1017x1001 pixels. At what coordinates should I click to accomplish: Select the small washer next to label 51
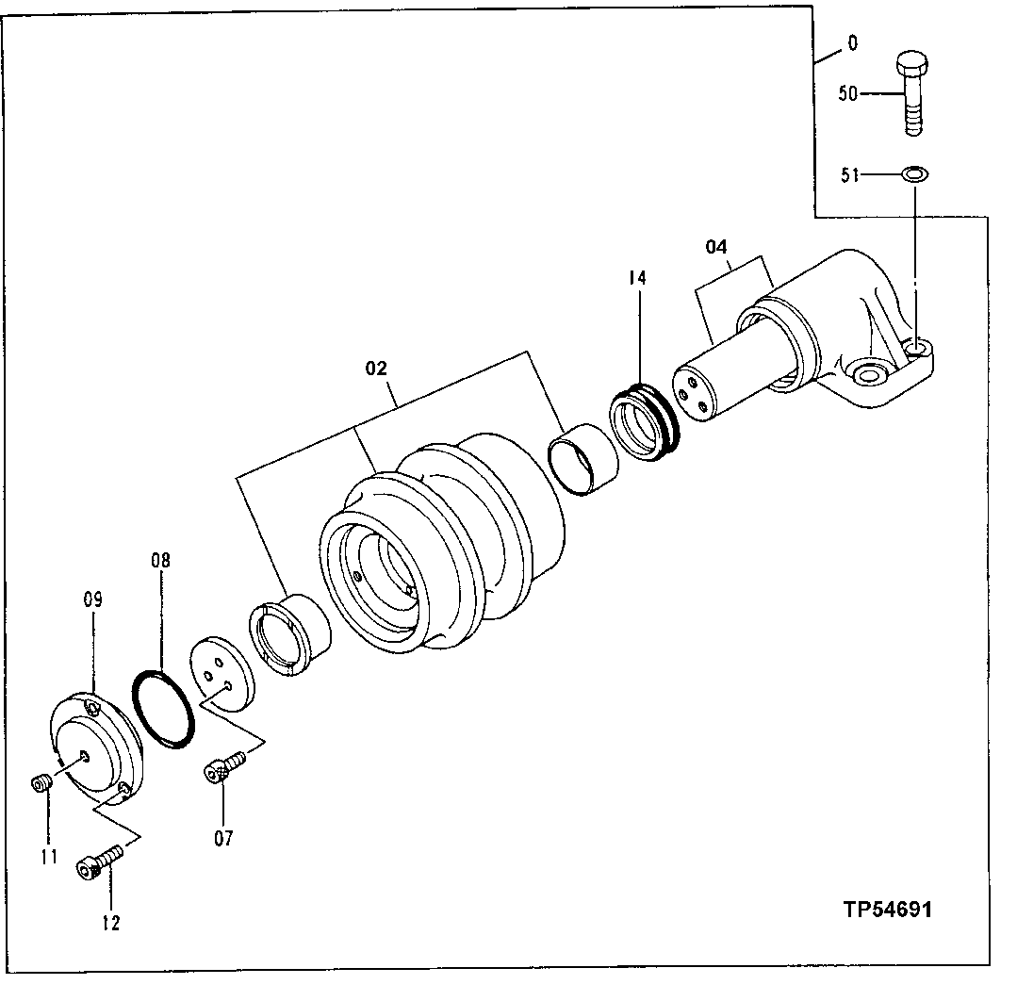pos(913,173)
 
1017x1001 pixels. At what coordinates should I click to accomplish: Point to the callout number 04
pos(716,248)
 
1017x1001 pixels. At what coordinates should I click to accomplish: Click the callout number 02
pos(376,369)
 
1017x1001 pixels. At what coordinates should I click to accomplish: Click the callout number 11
pos(49,857)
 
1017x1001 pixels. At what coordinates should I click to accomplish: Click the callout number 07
pos(223,837)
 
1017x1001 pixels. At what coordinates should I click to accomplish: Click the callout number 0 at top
pos(852,42)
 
